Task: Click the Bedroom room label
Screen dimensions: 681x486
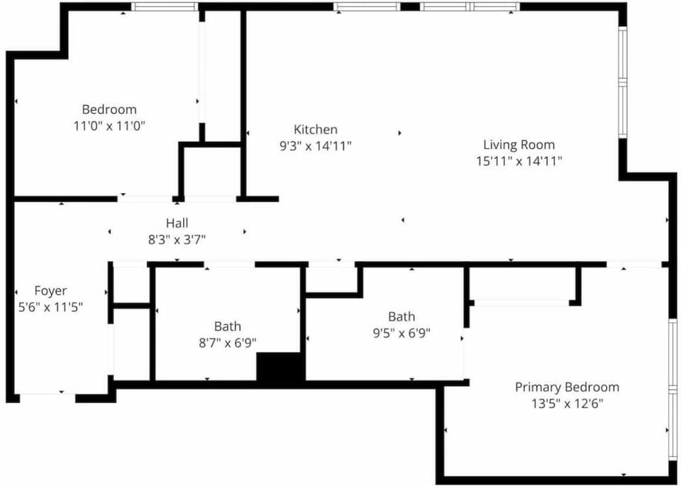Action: tap(109, 109)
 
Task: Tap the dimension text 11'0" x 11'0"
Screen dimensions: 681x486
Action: tap(109, 126)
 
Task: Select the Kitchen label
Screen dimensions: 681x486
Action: tap(315, 129)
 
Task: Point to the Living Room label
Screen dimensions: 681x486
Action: tap(519, 145)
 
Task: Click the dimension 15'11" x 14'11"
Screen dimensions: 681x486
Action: tap(519, 162)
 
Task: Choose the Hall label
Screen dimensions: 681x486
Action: tap(177, 223)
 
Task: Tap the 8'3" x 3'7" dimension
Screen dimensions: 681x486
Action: tap(177, 240)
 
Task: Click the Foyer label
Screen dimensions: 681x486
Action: tap(50, 291)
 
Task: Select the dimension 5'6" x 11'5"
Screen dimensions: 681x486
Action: tap(50, 307)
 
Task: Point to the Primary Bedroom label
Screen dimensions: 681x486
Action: tap(567, 387)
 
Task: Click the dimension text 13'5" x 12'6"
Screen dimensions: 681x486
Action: tap(567, 404)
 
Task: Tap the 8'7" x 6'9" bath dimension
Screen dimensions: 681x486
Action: tap(228, 343)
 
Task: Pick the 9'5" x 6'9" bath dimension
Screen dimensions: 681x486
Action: tap(402, 333)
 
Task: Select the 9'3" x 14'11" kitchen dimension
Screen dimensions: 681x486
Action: tap(315, 146)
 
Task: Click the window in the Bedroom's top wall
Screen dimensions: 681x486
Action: tap(165, 6)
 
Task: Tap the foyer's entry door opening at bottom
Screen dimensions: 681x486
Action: tap(48, 398)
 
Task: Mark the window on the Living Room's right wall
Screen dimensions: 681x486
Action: tap(623, 82)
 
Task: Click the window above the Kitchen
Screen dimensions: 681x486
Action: tap(367, 6)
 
